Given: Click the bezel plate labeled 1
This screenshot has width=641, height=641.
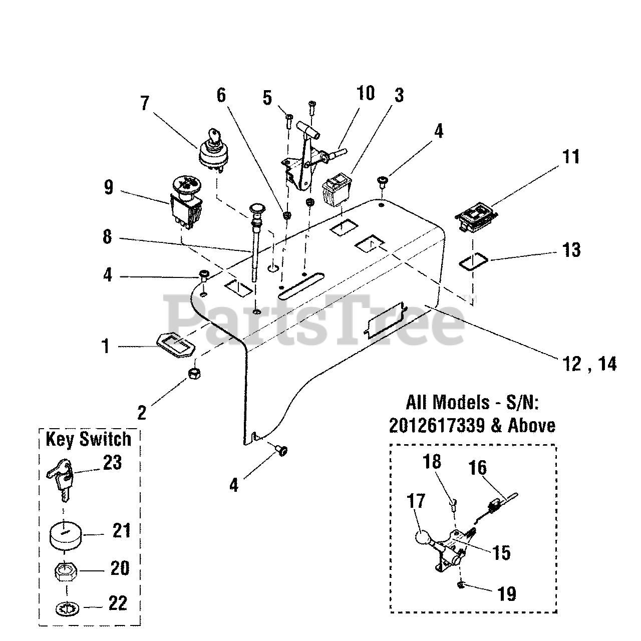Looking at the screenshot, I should click(175, 345).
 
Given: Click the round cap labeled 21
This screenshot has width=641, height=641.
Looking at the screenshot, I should click(67, 537).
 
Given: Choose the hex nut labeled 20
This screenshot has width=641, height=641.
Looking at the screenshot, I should click(67, 571).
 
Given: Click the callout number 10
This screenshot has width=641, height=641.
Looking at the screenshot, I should click(366, 94).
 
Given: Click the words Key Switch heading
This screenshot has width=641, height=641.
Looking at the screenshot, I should click(88, 439).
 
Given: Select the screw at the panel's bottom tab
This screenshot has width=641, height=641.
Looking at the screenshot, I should click(281, 451).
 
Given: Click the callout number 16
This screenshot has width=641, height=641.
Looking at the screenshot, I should click(477, 468).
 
